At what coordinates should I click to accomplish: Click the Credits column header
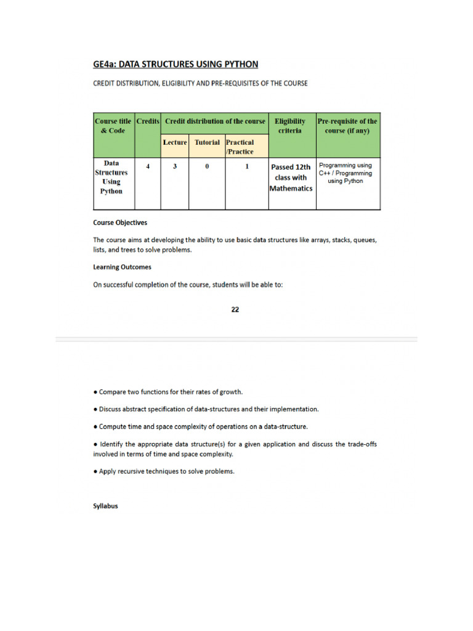148,121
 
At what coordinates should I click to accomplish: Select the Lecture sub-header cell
175,142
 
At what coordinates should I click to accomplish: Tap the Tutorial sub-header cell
207,142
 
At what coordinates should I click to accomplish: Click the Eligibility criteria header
290,126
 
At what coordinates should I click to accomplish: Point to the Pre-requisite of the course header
347,126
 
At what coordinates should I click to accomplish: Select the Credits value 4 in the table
148,166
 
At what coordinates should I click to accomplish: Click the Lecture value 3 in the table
175,166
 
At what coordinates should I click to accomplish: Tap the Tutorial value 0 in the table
207,166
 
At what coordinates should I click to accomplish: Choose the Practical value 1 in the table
247,166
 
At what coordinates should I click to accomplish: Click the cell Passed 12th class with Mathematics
291,177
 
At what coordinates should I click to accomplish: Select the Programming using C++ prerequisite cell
346,173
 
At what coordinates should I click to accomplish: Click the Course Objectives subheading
120,222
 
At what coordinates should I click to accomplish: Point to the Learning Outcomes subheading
122,267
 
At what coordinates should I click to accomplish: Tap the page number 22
235,309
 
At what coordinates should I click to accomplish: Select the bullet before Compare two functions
95,391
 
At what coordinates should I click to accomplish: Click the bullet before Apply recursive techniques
95,471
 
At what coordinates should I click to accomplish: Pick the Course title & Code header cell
113,126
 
